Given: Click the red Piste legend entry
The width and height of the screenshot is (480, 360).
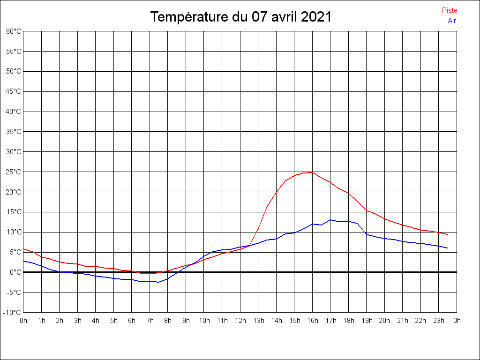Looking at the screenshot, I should (x=449, y=10).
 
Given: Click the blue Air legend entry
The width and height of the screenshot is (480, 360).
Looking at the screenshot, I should (x=452, y=21).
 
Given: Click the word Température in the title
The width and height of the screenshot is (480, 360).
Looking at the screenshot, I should (x=189, y=17).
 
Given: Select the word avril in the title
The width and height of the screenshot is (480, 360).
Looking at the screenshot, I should (x=281, y=17).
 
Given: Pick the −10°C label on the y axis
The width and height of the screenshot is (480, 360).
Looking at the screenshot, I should (x=13, y=313).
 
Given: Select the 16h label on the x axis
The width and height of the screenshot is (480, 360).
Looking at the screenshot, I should (x=313, y=321).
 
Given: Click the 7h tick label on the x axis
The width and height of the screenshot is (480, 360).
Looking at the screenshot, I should (x=150, y=321).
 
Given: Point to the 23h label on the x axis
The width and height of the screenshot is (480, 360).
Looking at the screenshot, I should (x=439, y=321).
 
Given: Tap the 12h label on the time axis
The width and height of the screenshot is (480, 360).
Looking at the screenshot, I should (x=240, y=321).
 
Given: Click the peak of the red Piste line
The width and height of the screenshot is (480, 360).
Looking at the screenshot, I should (x=312, y=172).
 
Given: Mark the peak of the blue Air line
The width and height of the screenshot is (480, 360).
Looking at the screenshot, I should (x=330, y=219).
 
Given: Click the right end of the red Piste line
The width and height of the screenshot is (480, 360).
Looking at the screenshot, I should (x=448, y=234).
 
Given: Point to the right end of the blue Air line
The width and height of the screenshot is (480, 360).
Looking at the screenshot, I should (x=448, y=248).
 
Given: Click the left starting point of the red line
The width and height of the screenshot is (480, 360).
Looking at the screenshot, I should (x=23, y=249).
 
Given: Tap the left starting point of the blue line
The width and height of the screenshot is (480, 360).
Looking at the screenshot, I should (x=23, y=261).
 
